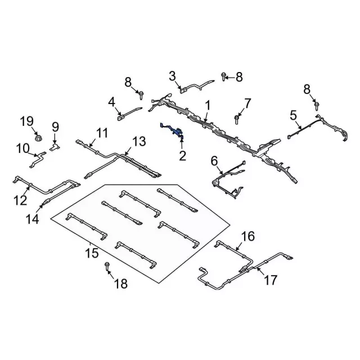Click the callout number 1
click(x=208, y=105)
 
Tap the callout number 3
click(x=173, y=75)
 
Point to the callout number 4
click(x=111, y=102)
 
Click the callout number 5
click(x=293, y=116)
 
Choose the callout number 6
click(x=214, y=161)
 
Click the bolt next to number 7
click(x=237, y=119)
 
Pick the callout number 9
click(x=55, y=126)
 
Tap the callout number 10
click(x=22, y=148)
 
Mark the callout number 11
click(x=101, y=133)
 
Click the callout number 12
click(x=20, y=199)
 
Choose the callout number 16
click(x=248, y=236)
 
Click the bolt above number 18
click(x=107, y=266)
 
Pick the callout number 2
click(x=182, y=155)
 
